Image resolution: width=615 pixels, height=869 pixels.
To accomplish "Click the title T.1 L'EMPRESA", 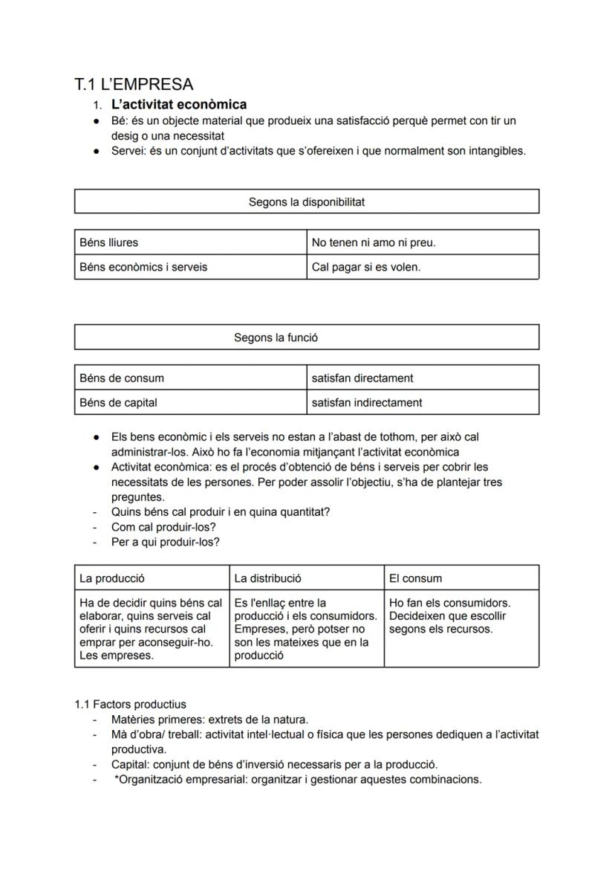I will [134, 84].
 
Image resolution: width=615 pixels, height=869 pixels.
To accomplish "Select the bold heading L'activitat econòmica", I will [179, 105].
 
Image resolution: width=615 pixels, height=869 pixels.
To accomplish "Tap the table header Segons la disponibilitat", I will [306, 202].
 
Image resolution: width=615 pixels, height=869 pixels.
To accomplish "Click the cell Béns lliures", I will [109, 242].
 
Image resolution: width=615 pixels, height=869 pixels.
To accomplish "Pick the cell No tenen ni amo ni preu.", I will [374, 242].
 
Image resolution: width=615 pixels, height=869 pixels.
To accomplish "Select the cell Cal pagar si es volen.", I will [366, 267].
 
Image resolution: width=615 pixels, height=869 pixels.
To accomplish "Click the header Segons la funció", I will [276, 337].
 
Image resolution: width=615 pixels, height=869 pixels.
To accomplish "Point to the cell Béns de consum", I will [122, 378].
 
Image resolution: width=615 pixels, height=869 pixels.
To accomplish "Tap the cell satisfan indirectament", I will [367, 402].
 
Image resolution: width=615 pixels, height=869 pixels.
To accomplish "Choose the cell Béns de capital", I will [119, 402].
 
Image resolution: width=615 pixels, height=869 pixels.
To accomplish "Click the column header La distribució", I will [267, 578].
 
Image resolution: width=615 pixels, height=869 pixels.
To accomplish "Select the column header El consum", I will [414, 578].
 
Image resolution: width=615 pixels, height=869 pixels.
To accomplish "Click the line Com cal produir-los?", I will [163, 527].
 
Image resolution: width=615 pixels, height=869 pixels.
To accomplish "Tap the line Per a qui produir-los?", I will [165, 542].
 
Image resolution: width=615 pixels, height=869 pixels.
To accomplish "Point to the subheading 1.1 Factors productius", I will [130, 704].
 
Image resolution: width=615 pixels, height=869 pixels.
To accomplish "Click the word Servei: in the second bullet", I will [128, 151].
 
